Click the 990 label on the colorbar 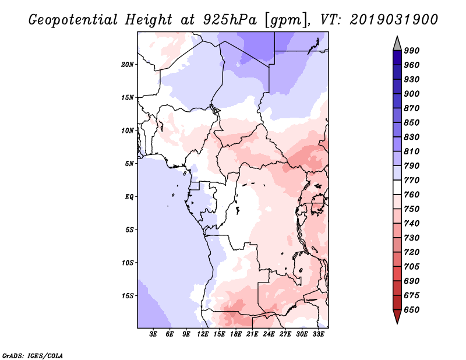tap(412, 51)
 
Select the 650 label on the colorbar tap(412, 310)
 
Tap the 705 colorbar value tap(412, 267)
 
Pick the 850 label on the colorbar tap(412, 123)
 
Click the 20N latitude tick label tap(128, 64)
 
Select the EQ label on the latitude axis tap(130, 196)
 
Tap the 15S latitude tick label tap(128, 295)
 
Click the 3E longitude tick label tap(154, 335)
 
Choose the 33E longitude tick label tap(318, 335)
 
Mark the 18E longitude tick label tap(236, 335)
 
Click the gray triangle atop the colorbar tap(397, 43)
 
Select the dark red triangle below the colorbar tap(397, 317)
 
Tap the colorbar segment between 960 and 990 tap(397, 57)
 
